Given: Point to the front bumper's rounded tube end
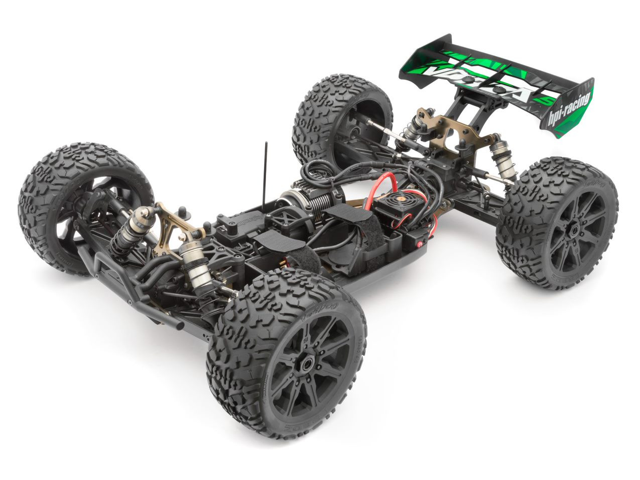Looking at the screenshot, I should pyautogui.click(x=178, y=324).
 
